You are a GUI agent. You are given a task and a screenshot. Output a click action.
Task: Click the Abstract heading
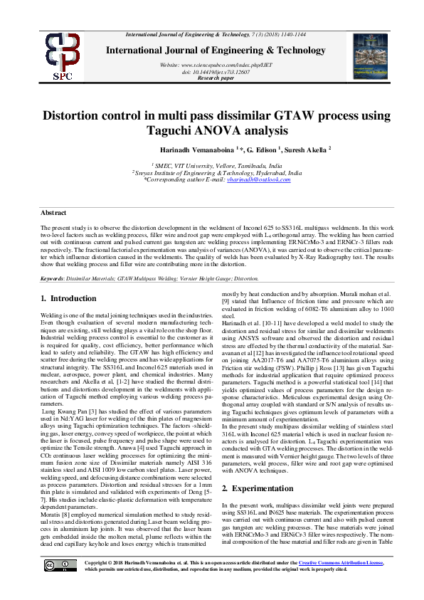tap(53, 213)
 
